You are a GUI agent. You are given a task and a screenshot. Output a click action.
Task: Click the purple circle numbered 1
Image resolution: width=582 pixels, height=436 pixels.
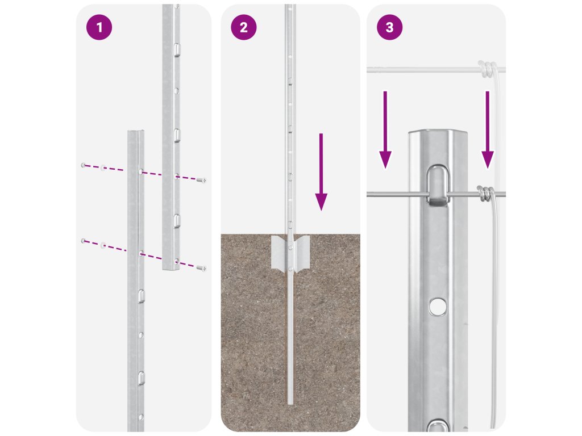coord(99,27)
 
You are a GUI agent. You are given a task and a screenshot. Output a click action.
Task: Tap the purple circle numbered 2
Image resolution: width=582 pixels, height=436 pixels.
coord(243,27)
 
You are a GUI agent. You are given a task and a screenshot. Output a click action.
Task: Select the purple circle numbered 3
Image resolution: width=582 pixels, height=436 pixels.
coord(389,27)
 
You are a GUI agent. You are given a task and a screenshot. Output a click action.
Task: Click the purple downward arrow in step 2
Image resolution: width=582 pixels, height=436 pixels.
coord(321,172)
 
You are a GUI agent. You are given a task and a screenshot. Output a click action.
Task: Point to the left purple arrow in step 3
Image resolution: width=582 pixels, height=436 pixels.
coord(385,130)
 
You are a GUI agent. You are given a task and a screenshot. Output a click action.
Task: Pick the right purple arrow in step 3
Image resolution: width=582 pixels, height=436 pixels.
coord(487,130)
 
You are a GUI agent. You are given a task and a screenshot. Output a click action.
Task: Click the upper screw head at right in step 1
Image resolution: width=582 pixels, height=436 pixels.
coord(202,181)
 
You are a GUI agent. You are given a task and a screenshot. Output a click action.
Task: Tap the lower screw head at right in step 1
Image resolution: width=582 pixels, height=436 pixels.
coord(202,268)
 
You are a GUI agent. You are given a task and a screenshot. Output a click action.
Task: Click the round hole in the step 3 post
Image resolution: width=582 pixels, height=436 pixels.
coord(438,306)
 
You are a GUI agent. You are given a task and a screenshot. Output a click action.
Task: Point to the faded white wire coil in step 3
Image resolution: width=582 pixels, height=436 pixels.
coord(487,69)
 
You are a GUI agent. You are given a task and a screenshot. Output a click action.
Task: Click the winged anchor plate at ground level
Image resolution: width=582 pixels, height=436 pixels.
coord(290,252)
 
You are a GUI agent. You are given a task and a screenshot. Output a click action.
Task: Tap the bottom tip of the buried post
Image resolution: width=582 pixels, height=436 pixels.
coord(290,404)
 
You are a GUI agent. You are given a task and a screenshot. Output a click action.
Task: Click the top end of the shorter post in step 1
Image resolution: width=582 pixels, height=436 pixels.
coord(136,132)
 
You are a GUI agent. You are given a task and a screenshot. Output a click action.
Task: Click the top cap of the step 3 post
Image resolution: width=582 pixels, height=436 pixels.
coord(438,133)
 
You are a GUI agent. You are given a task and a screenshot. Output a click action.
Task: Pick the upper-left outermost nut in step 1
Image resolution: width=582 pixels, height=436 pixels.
coord(84,165)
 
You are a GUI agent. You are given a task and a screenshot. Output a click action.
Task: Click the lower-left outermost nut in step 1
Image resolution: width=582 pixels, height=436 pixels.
coord(84,241)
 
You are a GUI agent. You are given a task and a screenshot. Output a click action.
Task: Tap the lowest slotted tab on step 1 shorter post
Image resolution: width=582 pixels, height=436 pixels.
coord(142,378)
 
